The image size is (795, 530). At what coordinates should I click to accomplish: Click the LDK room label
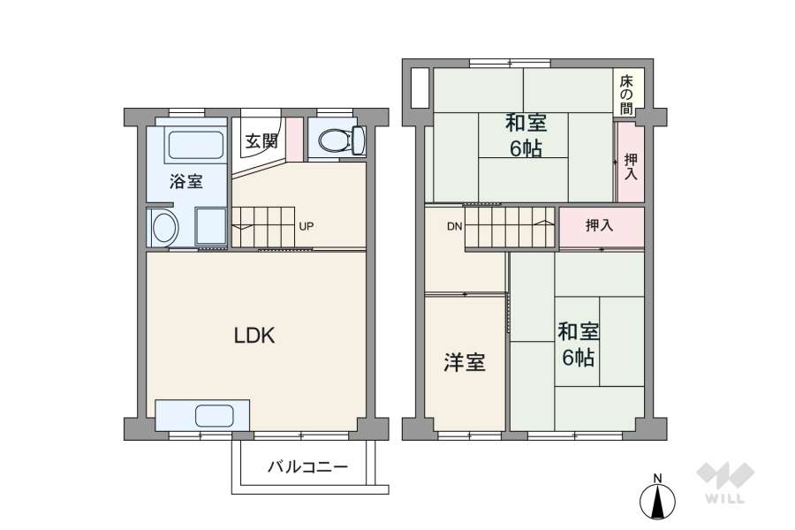coord(255,336)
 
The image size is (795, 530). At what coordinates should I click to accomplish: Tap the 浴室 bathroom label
coord(186,182)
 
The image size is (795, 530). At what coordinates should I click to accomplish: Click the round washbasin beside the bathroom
coord(164,229)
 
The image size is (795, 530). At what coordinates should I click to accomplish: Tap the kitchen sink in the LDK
coord(214,415)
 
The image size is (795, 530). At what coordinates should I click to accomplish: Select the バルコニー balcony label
coord(307,467)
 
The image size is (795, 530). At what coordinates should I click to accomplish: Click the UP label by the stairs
coord(306,226)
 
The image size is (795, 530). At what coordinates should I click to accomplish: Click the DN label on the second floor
coord(454,227)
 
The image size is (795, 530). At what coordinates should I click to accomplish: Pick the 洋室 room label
coord(464,362)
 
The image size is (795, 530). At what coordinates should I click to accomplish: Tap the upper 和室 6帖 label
coord(526,134)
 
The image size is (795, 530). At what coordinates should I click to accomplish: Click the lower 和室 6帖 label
coord(578,344)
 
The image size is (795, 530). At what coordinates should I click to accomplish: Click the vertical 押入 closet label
coord(630,166)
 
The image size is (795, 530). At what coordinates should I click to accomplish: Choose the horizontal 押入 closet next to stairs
coord(599,226)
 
